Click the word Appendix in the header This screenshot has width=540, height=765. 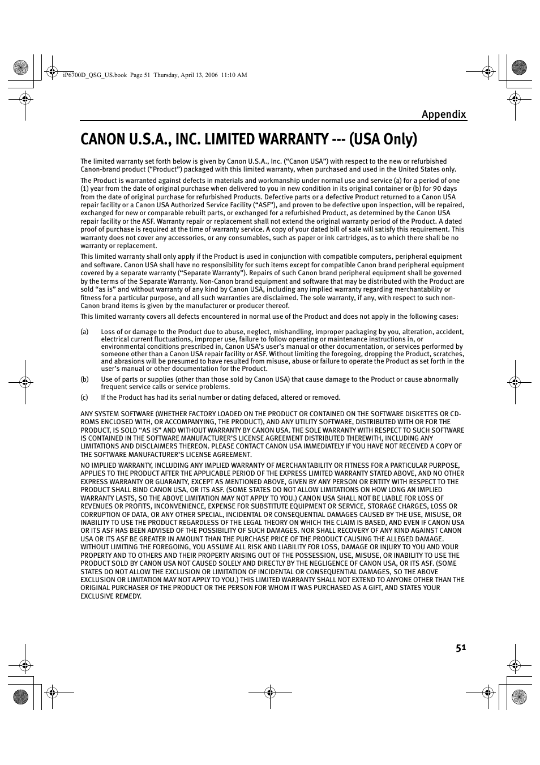[x=443, y=114]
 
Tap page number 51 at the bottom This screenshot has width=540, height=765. [x=460, y=648]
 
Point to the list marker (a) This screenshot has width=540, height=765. [x=84, y=332]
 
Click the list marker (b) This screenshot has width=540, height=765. [x=84, y=379]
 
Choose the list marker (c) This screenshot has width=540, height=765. [x=84, y=398]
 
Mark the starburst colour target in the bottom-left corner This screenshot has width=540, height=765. [x=21, y=697]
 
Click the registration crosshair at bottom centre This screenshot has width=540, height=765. [x=270, y=691]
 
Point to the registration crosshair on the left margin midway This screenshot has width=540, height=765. [x=24, y=382]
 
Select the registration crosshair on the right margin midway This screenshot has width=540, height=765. [x=515, y=382]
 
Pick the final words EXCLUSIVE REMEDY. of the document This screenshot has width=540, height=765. [x=111, y=596]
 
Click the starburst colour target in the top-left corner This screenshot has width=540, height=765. [x=21, y=69]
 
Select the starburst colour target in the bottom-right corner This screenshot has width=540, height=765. [x=519, y=697]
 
